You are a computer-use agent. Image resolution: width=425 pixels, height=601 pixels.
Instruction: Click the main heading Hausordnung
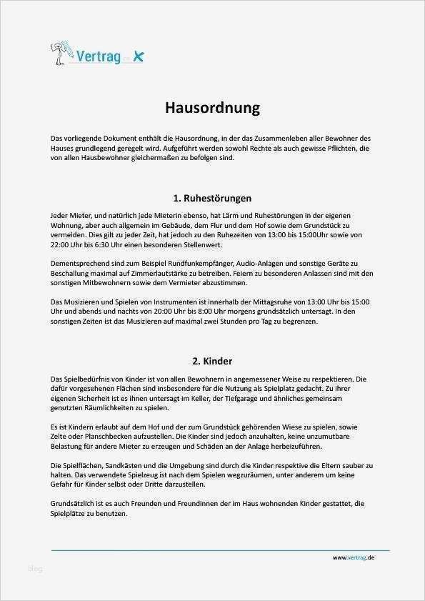click(212, 108)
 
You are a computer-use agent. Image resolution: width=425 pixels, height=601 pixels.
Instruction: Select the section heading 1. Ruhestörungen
click(212, 198)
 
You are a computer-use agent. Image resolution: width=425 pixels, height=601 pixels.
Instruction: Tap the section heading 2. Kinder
click(212, 361)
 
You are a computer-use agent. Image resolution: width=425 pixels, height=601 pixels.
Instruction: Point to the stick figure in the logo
click(58, 51)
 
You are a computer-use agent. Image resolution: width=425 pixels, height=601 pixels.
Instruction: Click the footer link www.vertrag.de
click(353, 557)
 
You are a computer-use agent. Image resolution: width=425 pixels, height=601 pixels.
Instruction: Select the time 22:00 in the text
click(61, 244)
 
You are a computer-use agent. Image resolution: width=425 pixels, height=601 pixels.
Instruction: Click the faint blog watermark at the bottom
click(35, 569)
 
